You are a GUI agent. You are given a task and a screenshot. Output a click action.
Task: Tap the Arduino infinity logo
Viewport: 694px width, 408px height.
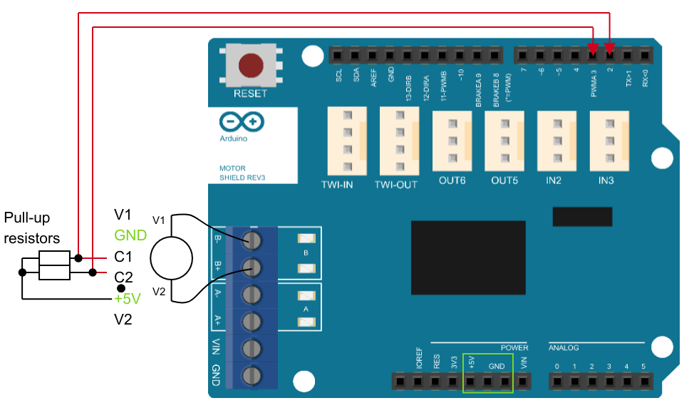click(242, 121)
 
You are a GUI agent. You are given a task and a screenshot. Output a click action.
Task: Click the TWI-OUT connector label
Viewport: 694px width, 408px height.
click(396, 184)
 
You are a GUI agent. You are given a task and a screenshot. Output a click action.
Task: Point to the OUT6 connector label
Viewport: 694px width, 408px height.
click(452, 180)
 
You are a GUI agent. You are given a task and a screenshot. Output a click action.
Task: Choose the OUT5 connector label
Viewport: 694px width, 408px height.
click(504, 180)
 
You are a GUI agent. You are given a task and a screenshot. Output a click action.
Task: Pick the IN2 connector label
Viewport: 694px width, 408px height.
click(554, 180)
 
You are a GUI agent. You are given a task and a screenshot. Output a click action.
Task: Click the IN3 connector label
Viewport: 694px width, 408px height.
click(606, 180)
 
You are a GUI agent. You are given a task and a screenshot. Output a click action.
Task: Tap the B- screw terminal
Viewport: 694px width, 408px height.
click(251, 240)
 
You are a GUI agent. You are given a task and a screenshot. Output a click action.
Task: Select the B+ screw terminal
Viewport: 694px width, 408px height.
click(251, 267)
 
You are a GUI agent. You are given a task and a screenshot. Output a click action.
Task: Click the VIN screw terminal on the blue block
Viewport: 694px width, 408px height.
click(251, 347)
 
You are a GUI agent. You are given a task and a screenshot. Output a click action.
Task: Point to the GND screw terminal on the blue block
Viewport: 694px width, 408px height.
click(251, 374)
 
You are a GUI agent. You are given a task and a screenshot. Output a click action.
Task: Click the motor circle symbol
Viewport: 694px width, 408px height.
click(172, 255)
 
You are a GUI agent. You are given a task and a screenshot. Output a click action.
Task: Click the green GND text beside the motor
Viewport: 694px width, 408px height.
click(130, 235)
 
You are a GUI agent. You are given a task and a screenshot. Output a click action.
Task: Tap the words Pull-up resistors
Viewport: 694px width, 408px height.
click(31, 227)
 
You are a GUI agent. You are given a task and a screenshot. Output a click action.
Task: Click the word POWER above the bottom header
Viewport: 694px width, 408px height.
click(514, 347)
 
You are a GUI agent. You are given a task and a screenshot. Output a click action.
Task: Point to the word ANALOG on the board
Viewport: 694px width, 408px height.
click(564, 348)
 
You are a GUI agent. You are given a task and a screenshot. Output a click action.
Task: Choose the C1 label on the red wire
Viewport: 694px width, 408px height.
click(123, 256)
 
